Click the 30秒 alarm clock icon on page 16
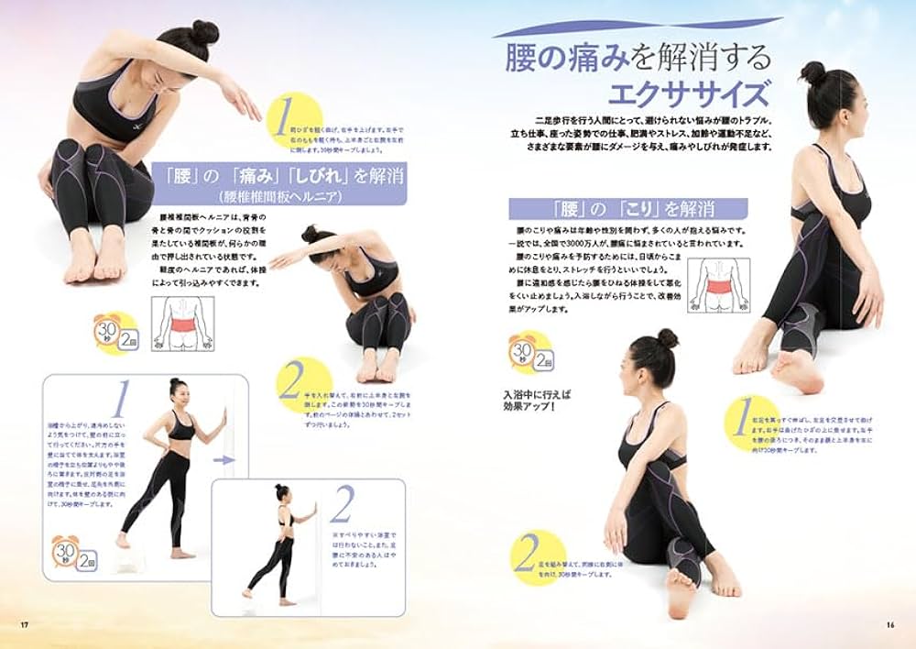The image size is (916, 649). tap(521, 350)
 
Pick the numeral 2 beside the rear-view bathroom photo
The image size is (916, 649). tap(342, 505)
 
